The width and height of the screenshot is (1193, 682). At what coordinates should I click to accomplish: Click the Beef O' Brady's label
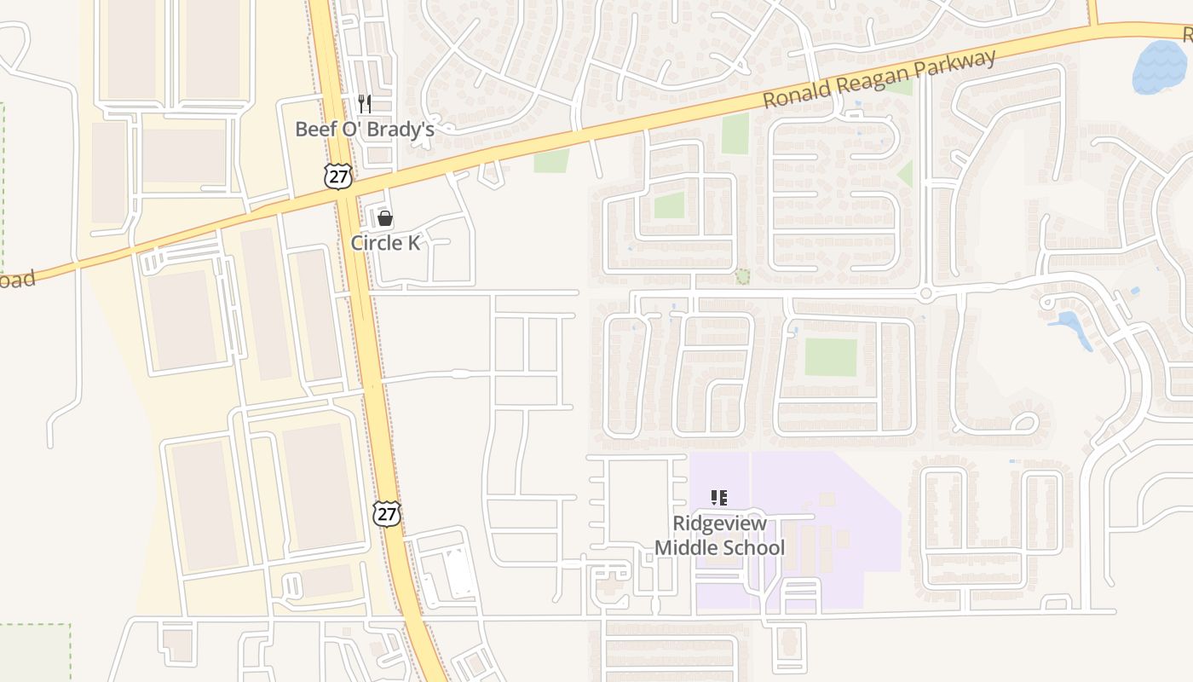(365, 130)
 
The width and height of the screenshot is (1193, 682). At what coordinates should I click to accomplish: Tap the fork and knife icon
(365, 104)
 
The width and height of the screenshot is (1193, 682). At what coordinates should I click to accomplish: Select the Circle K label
(385, 243)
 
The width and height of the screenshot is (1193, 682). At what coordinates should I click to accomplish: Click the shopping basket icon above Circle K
(385, 218)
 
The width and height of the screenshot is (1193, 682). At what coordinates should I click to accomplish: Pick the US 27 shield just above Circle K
(337, 175)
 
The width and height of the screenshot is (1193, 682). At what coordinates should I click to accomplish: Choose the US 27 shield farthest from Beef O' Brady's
(387, 513)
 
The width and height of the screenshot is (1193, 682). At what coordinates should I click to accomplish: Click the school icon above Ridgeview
(718, 497)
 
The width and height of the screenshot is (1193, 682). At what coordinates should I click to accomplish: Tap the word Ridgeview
(719, 523)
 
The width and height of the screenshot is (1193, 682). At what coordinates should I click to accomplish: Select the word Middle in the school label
(688, 547)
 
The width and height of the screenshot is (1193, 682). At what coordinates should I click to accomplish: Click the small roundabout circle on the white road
(926, 294)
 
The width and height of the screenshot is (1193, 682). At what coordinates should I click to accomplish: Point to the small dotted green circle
(743, 276)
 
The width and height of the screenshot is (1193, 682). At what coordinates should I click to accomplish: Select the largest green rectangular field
(830, 357)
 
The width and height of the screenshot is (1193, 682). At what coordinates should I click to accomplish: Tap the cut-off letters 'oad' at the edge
(17, 280)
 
